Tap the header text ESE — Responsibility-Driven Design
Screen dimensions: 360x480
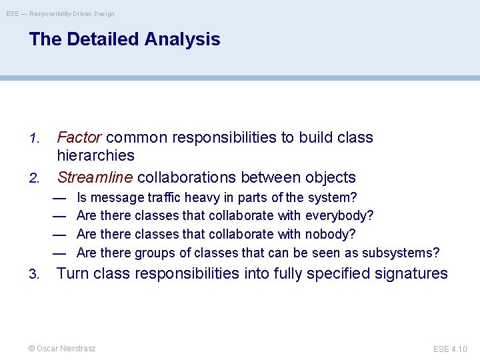coord(61,13)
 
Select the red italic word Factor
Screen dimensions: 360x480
coord(79,137)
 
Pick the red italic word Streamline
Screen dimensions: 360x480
coord(95,177)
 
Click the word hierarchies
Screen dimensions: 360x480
coord(95,156)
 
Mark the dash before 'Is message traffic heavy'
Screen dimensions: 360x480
coord(59,198)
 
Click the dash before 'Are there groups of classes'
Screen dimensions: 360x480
coord(59,253)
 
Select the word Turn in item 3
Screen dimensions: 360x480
coord(73,273)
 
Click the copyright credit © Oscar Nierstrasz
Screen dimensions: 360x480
coord(62,349)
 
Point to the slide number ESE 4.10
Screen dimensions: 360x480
coord(450,349)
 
